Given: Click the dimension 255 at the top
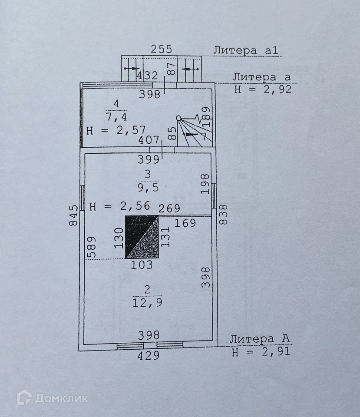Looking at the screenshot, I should [x=162, y=49].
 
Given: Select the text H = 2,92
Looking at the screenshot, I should [x=262, y=90].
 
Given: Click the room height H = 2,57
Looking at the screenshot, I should [x=116, y=129].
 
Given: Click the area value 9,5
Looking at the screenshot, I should [x=147, y=188].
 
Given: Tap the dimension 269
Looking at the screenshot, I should [x=169, y=209].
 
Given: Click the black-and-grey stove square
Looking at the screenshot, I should [x=142, y=237].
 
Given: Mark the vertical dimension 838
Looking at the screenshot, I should [x=224, y=214].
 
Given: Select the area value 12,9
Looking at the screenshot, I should [x=147, y=303].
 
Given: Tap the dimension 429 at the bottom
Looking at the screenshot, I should [x=149, y=356].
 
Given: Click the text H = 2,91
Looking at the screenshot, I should [x=261, y=352].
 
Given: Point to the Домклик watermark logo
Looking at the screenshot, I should [x=52, y=398].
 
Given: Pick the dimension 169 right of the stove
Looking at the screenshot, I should [x=185, y=223].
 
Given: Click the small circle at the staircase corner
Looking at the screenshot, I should [x=178, y=118].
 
